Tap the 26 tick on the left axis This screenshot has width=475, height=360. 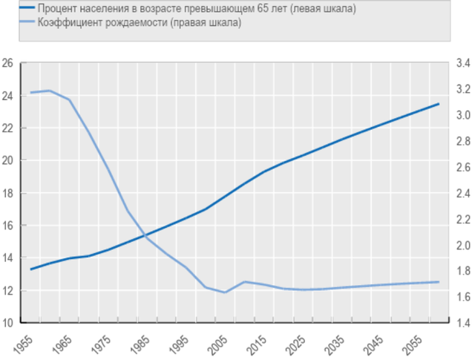point(9,63)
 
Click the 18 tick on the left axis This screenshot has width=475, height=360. point(9,193)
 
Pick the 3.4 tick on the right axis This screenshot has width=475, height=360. point(461,63)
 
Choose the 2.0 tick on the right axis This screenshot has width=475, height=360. point(461,246)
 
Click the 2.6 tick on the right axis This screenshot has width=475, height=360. point(461,168)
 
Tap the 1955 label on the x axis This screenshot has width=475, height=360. point(26,344)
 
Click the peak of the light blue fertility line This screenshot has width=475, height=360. point(50,91)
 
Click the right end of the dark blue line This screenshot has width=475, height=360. point(439,104)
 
